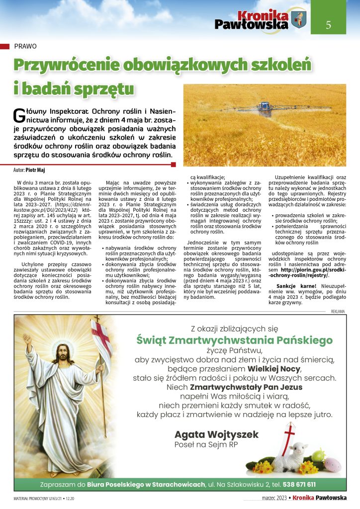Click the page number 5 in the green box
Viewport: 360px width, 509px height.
[328, 26]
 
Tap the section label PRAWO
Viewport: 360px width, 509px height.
[26, 46]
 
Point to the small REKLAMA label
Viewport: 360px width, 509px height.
[338, 312]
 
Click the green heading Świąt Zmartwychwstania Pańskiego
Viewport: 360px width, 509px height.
[234, 340]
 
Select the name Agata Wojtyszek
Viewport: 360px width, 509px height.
[216, 434]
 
